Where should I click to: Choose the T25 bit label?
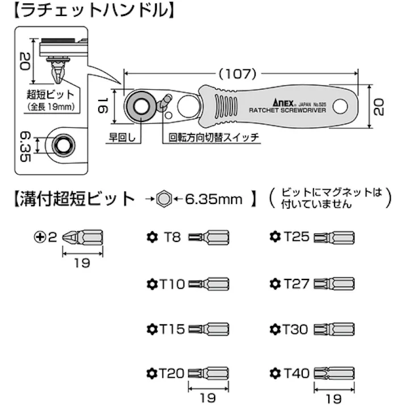(x=297, y=236)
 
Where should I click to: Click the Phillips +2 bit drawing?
(x=83, y=236)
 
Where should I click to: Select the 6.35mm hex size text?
(x=214, y=199)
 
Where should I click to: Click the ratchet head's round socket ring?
(x=139, y=106)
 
